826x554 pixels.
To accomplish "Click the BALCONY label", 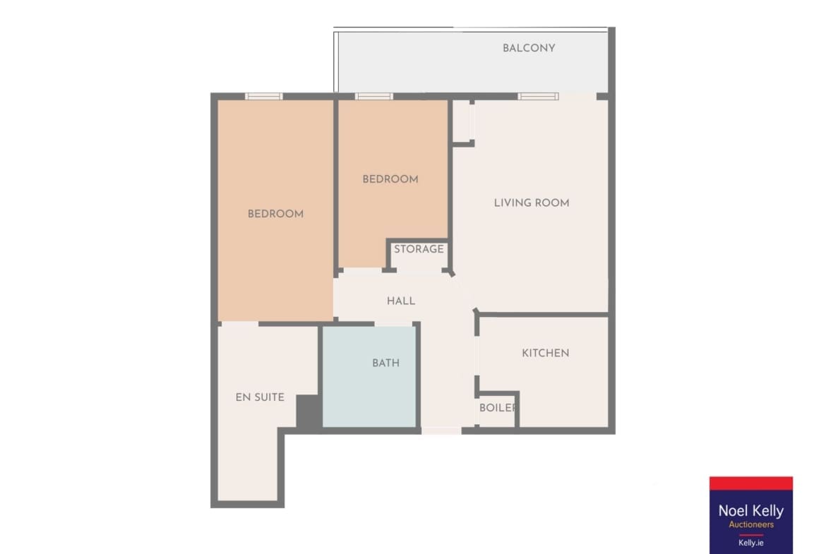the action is coord(528,48).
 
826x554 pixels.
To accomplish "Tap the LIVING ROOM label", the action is coord(532,203).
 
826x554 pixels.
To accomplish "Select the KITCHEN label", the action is coord(545,353).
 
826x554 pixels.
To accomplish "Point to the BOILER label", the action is coord(497,408).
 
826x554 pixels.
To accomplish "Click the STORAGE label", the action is coord(419,249).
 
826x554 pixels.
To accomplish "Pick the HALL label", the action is coord(401,301).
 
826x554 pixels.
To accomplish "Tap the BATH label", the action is coord(385,363).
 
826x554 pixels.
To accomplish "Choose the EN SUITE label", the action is coord(260,397).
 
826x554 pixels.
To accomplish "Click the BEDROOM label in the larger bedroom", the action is coord(275,214).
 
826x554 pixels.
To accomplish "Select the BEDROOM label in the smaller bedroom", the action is coord(390,179).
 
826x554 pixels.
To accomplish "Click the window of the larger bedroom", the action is coord(264,97).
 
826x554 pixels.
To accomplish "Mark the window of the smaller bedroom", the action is coord(374,97).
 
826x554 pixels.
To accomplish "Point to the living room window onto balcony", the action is coord(538,97).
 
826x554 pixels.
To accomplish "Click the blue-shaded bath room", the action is coord(369,377).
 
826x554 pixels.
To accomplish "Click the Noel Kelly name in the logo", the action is coord(750,511).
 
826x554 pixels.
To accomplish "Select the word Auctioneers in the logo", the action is coord(751,524).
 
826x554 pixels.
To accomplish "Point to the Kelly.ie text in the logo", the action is coord(750,543).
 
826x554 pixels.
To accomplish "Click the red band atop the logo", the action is coord(750,483).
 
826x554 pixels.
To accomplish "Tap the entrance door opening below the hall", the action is coord(441,430).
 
